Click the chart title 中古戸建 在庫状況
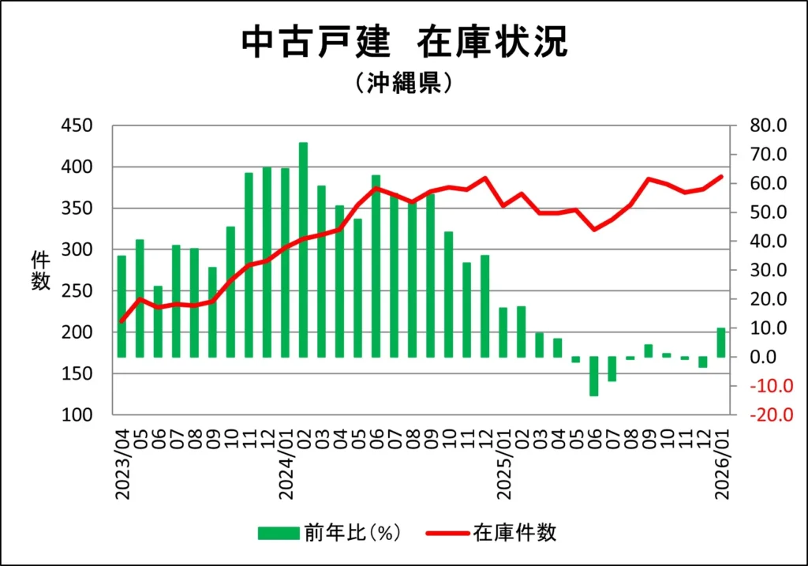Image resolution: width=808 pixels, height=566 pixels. (403, 43)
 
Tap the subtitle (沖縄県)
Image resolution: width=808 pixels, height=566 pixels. (403, 83)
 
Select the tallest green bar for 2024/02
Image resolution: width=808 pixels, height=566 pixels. (303, 249)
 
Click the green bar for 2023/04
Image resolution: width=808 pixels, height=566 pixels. (122, 306)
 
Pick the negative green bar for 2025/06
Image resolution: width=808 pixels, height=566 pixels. (594, 377)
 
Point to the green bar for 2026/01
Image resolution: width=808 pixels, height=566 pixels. (721, 343)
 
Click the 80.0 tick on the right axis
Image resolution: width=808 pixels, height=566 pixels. (769, 126)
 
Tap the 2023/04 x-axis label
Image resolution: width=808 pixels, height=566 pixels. (122, 464)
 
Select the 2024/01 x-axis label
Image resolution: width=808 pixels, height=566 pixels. (286, 464)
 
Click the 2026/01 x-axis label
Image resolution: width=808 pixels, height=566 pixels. (721, 464)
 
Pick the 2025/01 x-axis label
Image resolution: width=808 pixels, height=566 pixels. (503, 464)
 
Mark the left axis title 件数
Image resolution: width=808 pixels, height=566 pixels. (40, 270)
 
